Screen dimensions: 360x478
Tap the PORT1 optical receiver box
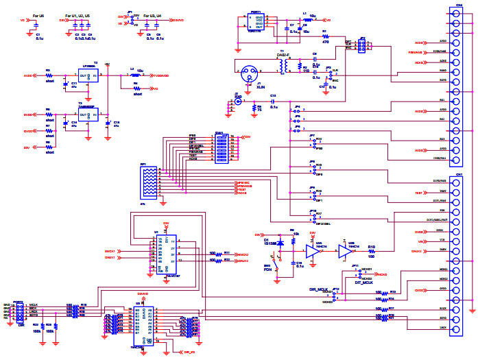click(256, 23)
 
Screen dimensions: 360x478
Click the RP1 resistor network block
click(149, 182)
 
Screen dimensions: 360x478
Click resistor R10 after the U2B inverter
click(372, 252)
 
